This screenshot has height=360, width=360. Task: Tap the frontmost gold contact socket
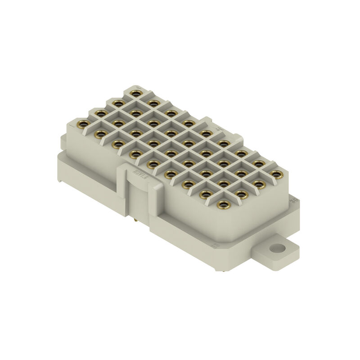[222, 205]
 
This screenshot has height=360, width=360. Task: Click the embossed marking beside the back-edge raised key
[220, 129]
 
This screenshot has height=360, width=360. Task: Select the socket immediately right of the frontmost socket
[240, 194]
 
